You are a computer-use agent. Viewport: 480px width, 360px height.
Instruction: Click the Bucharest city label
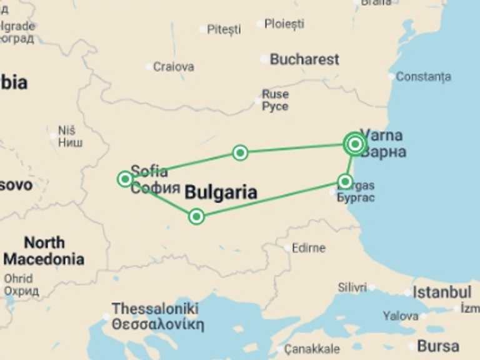pos(304,59)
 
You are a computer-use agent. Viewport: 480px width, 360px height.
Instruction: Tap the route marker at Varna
pos(354,144)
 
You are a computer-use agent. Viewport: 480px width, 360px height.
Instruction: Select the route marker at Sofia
pos(125,179)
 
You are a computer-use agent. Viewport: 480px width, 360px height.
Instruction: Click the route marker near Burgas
pos(345,181)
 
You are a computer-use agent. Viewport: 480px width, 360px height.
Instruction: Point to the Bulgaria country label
pos(221,192)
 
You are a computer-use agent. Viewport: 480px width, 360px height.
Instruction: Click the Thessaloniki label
pos(156,309)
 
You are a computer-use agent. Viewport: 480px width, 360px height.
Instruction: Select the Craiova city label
pos(174,66)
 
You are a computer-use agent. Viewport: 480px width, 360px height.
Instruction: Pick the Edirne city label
pos(309,247)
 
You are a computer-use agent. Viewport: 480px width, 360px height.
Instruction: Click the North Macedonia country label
pos(44,251)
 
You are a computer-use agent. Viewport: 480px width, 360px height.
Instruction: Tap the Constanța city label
pos(423,77)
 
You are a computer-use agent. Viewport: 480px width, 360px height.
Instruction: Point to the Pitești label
pos(224,29)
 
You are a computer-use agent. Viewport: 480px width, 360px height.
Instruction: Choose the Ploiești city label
pos(284,24)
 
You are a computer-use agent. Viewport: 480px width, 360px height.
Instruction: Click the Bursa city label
pos(437,346)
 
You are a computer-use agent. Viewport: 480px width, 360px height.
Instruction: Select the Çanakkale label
pos(312,349)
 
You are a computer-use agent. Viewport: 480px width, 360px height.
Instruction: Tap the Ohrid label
pos(19,279)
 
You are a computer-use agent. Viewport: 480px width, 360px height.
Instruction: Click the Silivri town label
pos(352,287)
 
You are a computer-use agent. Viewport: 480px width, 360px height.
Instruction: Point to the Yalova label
pos(401,316)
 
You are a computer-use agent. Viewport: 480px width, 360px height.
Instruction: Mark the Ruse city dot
pos(257,99)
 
